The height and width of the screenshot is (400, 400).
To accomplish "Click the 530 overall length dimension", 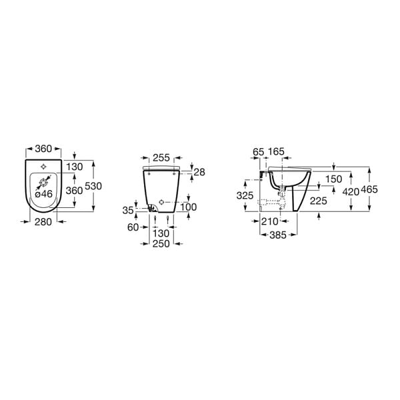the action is (x=93, y=186).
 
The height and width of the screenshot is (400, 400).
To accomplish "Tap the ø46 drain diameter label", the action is (x=43, y=194).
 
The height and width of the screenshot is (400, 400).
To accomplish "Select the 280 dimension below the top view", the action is (x=43, y=222).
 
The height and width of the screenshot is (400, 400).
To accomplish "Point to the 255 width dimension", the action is (x=161, y=158).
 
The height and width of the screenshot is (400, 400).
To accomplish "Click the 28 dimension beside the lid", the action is (x=199, y=172).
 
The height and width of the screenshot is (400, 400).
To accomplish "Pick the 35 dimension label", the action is (x=128, y=211).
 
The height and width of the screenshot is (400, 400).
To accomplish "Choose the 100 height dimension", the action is (x=188, y=207).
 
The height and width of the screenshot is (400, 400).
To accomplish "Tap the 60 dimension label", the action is (x=133, y=227).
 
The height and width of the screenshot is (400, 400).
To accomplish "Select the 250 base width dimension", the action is (x=161, y=244).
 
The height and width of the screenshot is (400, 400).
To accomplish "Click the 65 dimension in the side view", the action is (x=259, y=152).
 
